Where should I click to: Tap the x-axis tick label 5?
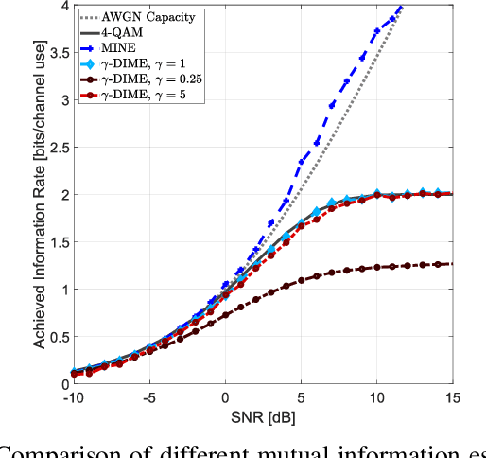tap(302, 397)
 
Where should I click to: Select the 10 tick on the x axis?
tap(377, 397)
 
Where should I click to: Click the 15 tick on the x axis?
tap(453, 397)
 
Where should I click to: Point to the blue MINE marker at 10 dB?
tap(377, 31)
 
